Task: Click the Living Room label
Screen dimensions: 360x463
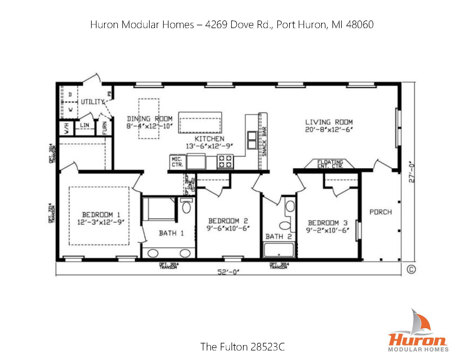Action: (x=329, y=122)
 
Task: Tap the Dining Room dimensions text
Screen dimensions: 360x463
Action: (x=149, y=126)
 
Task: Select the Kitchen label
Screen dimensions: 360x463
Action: (x=209, y=139)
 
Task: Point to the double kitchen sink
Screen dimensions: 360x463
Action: (x=252, y=140)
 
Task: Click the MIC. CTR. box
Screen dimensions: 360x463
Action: (x=177, y=162)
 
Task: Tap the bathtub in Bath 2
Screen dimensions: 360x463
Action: (x=279, y=250)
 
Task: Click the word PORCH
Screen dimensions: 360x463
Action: (x=381, y=212)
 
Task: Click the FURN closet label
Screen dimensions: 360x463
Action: (x=105, y=128)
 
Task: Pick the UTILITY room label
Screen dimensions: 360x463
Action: (x=93, y=102)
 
